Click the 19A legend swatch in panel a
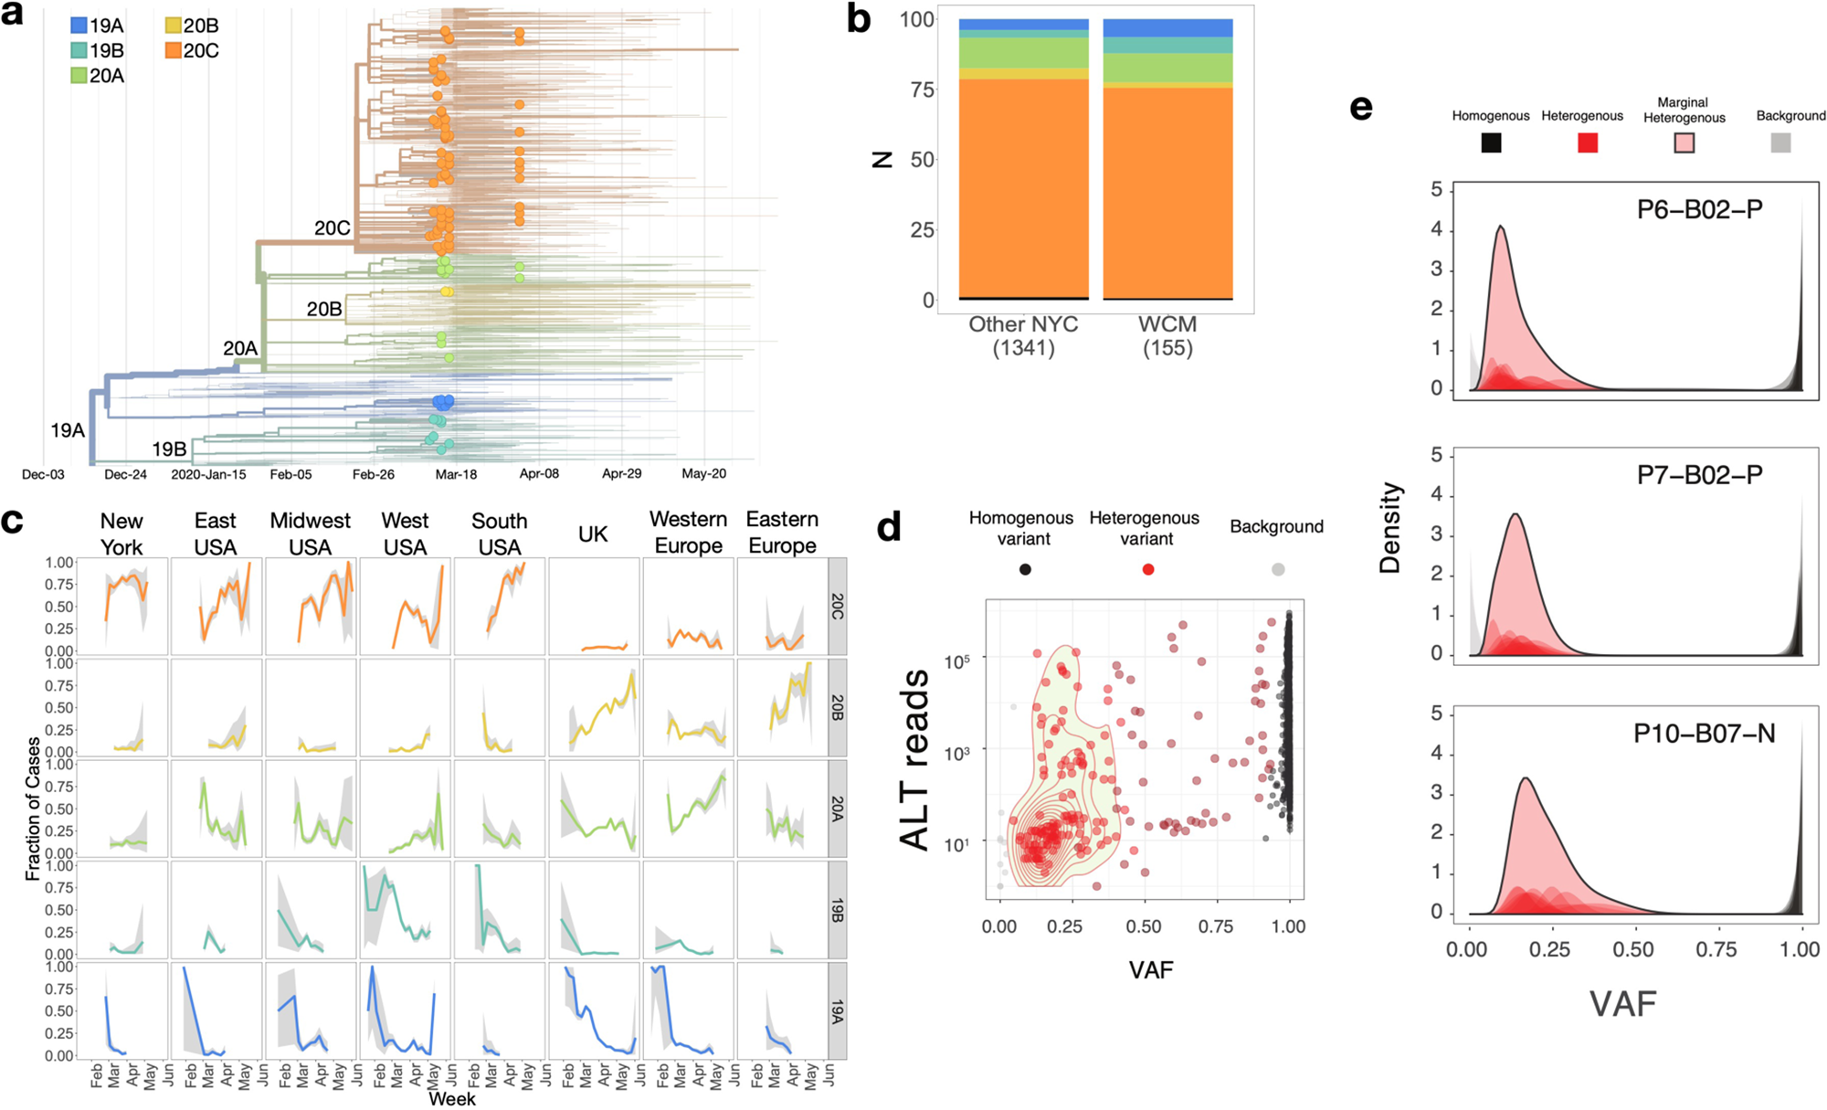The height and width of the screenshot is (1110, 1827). [79, 26]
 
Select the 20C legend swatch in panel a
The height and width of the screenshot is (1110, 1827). [174, 50]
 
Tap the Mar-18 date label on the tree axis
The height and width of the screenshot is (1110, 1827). [456, 474]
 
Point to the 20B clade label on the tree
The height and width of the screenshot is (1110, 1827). [323, 310]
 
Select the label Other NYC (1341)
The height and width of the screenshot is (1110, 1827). [1023, 336]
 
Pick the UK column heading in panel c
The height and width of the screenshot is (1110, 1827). [593, 534]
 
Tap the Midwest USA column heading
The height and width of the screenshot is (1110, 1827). [310, 534]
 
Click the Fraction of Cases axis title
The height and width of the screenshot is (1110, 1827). [33, 809]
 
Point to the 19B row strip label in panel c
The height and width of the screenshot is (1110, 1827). [837, 910]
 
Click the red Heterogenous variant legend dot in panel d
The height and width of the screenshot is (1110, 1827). [1148, 569]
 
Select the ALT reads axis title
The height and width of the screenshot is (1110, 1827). [914, 759]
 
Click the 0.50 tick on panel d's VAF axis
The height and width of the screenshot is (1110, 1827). [1144, 926]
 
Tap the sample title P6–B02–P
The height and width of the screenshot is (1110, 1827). [1699, 210]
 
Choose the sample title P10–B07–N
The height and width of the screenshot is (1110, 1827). [1704, 734]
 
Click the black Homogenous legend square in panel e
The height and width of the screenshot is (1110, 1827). [1491, 143]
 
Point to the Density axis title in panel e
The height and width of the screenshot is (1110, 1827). [1390, 527]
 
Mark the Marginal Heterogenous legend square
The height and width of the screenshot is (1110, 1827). [1684, 143]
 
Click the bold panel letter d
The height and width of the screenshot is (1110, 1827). [888, 527]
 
